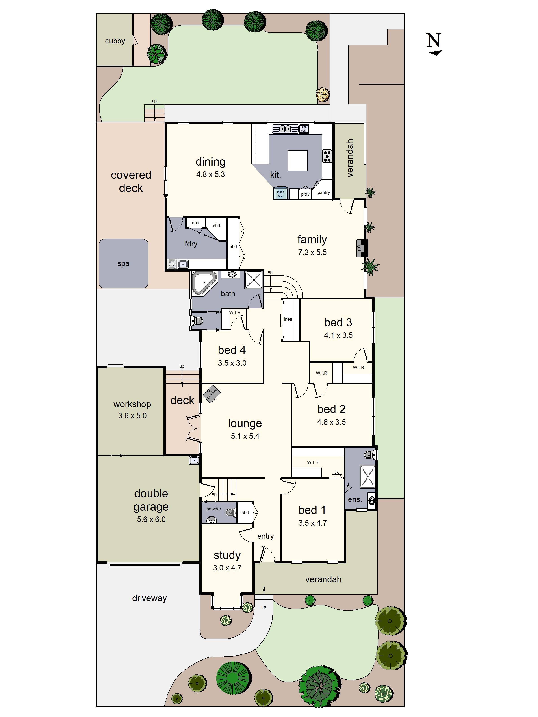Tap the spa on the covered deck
123,263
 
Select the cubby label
115,41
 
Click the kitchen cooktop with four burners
327,156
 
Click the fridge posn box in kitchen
280,194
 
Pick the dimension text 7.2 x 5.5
312,252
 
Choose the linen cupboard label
287,319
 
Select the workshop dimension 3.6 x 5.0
132,416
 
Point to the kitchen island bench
297,160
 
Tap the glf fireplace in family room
361,248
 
